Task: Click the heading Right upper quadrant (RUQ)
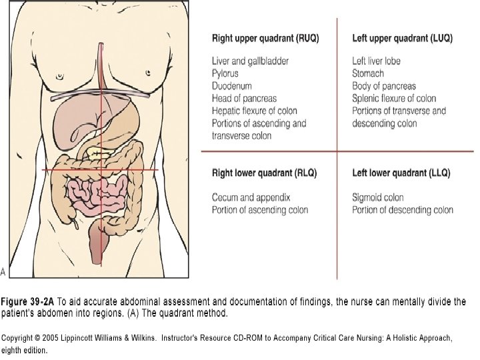coord(265,38)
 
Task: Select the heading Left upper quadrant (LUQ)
coord(402,38)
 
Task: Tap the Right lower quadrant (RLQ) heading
coord(264,173)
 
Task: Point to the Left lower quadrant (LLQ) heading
coord(401,173)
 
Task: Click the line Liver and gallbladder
coord(250,61)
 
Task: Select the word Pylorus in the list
coord(225,73)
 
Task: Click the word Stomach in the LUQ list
coord(368,73)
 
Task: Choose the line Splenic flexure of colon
coord(394,99)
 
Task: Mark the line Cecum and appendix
coord(251,197)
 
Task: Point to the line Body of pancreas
coord(384,86)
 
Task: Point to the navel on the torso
coord(103,172)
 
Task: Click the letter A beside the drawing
coord(3,271)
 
